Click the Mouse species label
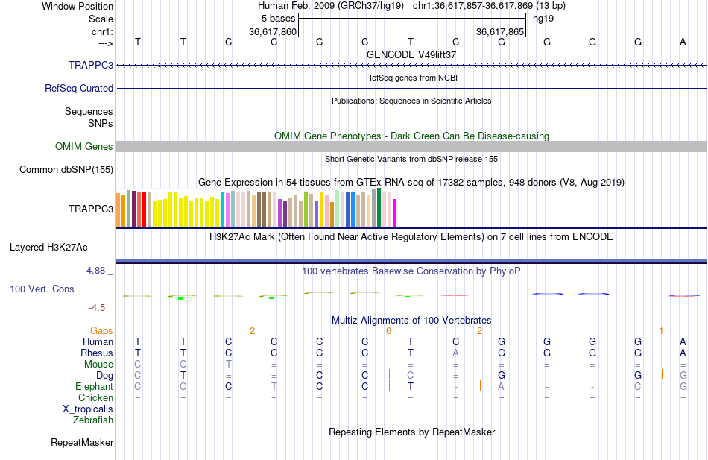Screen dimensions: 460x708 click(x=99, y=364)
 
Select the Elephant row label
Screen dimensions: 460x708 click(x=95, y=386)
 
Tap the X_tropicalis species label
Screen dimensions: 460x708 click(x=88, y=409)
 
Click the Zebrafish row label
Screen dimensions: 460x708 click(x=93, y=420)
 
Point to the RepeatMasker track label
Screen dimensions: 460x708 click(x=82, y=443)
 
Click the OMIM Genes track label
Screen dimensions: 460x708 click(x=84, y=147)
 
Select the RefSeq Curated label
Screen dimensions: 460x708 click(x=79, y=88)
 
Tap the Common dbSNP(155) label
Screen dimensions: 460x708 click(x=66, y=170)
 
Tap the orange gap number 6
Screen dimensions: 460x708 click(x=389, y=330)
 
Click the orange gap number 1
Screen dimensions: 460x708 click(x=661, y=330)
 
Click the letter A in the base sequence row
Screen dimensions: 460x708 click(x=683, y=42)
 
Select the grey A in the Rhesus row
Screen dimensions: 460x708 click(x=455, y=353)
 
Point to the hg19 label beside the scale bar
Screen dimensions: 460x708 click(x=543, y=18)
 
